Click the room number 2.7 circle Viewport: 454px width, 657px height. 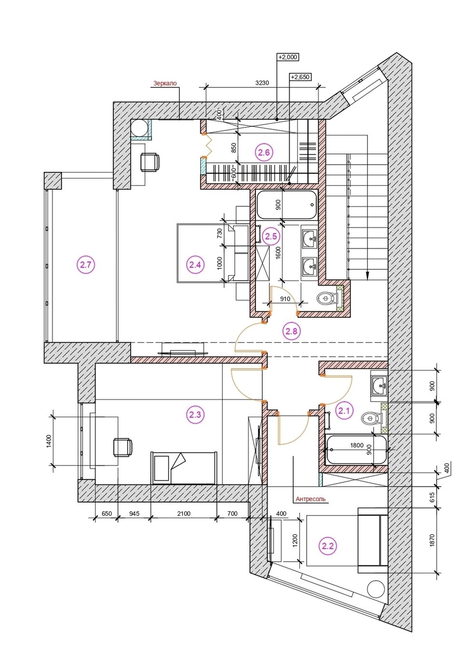pyautogui.click(x=85, y=265)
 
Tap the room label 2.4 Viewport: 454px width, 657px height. pyautogui.click(x=195, y=265)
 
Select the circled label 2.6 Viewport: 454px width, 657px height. pyautogui.click(x=264, y=152)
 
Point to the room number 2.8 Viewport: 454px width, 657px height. pyautogui.click(x=291, y=331)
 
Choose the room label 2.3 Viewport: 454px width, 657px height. pyautogui.click(x=195, y=415)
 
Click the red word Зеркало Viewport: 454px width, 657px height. pyautogui.click(x=165, y=84)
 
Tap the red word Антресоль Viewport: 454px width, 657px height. pyautogui.click(x=311, y=499)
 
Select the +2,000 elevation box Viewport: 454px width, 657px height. pyautogui.click(x=288, y=57)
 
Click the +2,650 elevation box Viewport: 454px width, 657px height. pyautogui.click(x=300, y=77)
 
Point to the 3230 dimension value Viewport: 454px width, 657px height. pyautogui.click(x=262, y=83)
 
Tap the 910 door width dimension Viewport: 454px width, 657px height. pyautogui.click(x=285, y=299)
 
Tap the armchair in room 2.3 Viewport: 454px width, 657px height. pyautogui.click(x=122, y=447)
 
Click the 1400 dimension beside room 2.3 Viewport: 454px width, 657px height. pyautogui.click(x=49, y=441)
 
